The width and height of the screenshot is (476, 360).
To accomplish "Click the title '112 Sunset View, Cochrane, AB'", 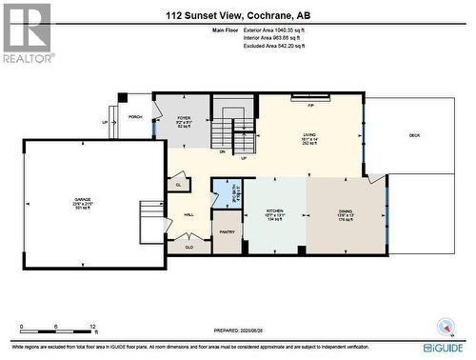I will (x=237, y=15).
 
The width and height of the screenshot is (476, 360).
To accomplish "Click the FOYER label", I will (x=185, y=120).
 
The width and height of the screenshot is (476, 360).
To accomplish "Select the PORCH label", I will (x=135, y=118).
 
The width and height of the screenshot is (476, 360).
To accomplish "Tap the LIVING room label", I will (x=309, y=138).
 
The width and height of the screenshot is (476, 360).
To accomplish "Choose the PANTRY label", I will (x=227, y=231).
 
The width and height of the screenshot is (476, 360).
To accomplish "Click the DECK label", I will (x=414, y=135).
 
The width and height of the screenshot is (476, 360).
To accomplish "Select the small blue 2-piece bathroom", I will (x=227, y=194).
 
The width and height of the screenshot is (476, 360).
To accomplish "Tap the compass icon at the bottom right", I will (x=444, y=330).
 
